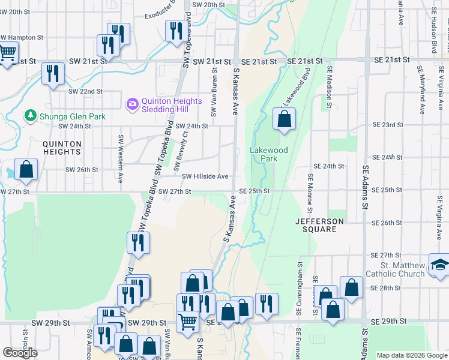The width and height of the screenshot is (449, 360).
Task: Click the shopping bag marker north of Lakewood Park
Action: click(283, 119)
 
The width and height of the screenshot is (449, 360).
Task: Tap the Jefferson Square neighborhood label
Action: click(319, 221)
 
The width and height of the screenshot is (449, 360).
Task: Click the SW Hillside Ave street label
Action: click(205, 176)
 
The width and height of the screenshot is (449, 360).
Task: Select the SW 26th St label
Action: click(82, 170)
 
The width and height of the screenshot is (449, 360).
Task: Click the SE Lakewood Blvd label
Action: click(297, 90)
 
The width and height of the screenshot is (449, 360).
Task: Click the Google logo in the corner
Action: click(20, 352)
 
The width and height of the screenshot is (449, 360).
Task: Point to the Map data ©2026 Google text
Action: click(411, 355)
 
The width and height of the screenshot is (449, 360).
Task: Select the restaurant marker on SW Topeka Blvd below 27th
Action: click(137, 243)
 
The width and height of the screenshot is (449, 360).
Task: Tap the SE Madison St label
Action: click(329, 88)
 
